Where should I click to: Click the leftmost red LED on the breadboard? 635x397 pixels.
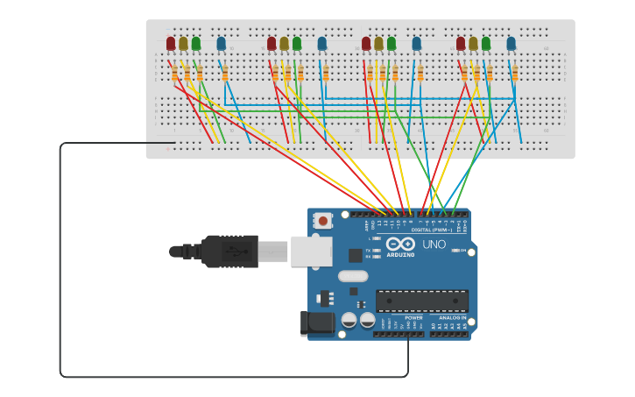[x=171, y=43]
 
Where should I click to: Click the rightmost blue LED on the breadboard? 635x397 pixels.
[x=511, y=43]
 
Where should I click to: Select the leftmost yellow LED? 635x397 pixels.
[x=183, y=43]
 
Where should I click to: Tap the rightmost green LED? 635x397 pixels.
[x=486, y=43]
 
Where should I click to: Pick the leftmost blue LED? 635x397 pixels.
[x=221, y=43]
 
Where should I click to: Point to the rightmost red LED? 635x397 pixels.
[x=461, y=43]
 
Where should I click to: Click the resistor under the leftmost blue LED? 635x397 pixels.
[x=225, y=74]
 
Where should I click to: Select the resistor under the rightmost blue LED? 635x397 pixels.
[x=515, y=74]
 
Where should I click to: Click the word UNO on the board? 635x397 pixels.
[x=434, y=245]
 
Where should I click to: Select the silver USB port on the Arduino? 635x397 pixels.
[x=311, y=251]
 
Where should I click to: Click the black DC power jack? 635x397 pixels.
[x=317, y=323]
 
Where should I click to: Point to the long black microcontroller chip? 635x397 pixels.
[x=421, y=301]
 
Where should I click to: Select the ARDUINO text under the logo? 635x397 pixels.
[x=400, y=255]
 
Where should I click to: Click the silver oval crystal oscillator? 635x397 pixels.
[x=353, y=276]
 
